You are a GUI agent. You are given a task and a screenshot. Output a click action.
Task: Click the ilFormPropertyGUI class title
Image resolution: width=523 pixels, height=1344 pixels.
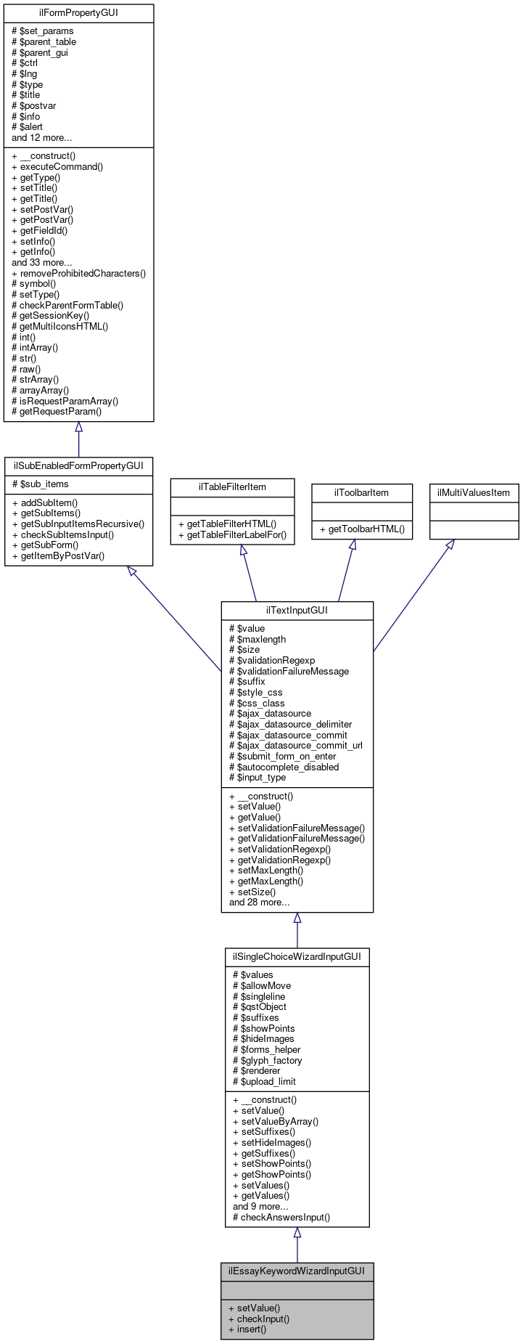click(x=78, y=13)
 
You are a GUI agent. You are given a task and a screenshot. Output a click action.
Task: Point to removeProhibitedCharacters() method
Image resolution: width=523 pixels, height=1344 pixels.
click(x=78, y=274)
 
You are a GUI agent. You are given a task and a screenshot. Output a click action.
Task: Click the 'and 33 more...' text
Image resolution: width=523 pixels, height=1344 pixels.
click(x=41, y=263)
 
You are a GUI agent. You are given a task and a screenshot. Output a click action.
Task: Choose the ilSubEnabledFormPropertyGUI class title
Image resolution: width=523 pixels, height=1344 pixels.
click(x=78, y=465)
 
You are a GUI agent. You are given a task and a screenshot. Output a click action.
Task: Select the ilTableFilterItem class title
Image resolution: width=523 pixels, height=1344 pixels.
click(x=232, y=486)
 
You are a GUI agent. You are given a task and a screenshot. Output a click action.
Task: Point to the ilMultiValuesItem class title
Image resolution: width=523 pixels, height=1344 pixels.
click(x=474, y=492)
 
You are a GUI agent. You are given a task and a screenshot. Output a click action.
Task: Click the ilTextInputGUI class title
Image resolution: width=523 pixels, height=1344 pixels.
click(x=297, y=610)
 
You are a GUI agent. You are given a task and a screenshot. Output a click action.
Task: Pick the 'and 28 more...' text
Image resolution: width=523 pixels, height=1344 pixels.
click(x=259, y=903)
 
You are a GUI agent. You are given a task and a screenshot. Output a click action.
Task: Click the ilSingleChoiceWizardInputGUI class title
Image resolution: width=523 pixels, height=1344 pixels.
click(x=297, y=957)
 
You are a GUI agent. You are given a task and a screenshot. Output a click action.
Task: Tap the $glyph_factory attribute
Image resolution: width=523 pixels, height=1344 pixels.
click(x=267, y=1061)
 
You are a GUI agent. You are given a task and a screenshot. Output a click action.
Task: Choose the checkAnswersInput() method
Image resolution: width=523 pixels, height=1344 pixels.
click(x=281, y=1218)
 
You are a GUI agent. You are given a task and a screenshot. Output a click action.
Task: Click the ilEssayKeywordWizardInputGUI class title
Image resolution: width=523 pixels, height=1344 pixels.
click(x=297, y=1271)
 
